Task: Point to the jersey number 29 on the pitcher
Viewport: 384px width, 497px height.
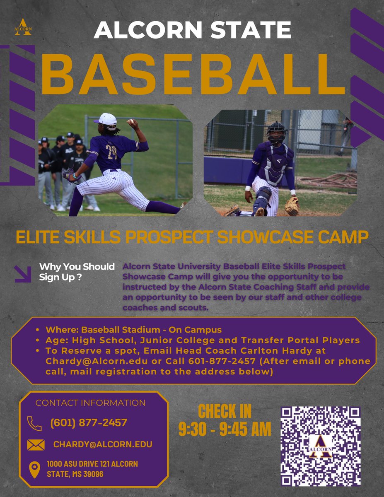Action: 111,152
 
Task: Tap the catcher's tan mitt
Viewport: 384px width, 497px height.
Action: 292,205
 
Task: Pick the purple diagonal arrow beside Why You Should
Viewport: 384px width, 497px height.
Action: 23,274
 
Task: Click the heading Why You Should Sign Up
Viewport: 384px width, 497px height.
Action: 77,272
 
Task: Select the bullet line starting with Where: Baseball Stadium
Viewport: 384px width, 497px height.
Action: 134,330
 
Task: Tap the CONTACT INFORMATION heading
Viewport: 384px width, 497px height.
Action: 90,403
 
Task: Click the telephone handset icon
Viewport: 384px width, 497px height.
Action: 34,423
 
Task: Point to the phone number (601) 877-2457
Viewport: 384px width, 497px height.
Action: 88,423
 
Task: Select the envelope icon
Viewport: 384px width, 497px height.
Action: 36,445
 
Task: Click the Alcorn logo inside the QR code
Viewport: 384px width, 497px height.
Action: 320,446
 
